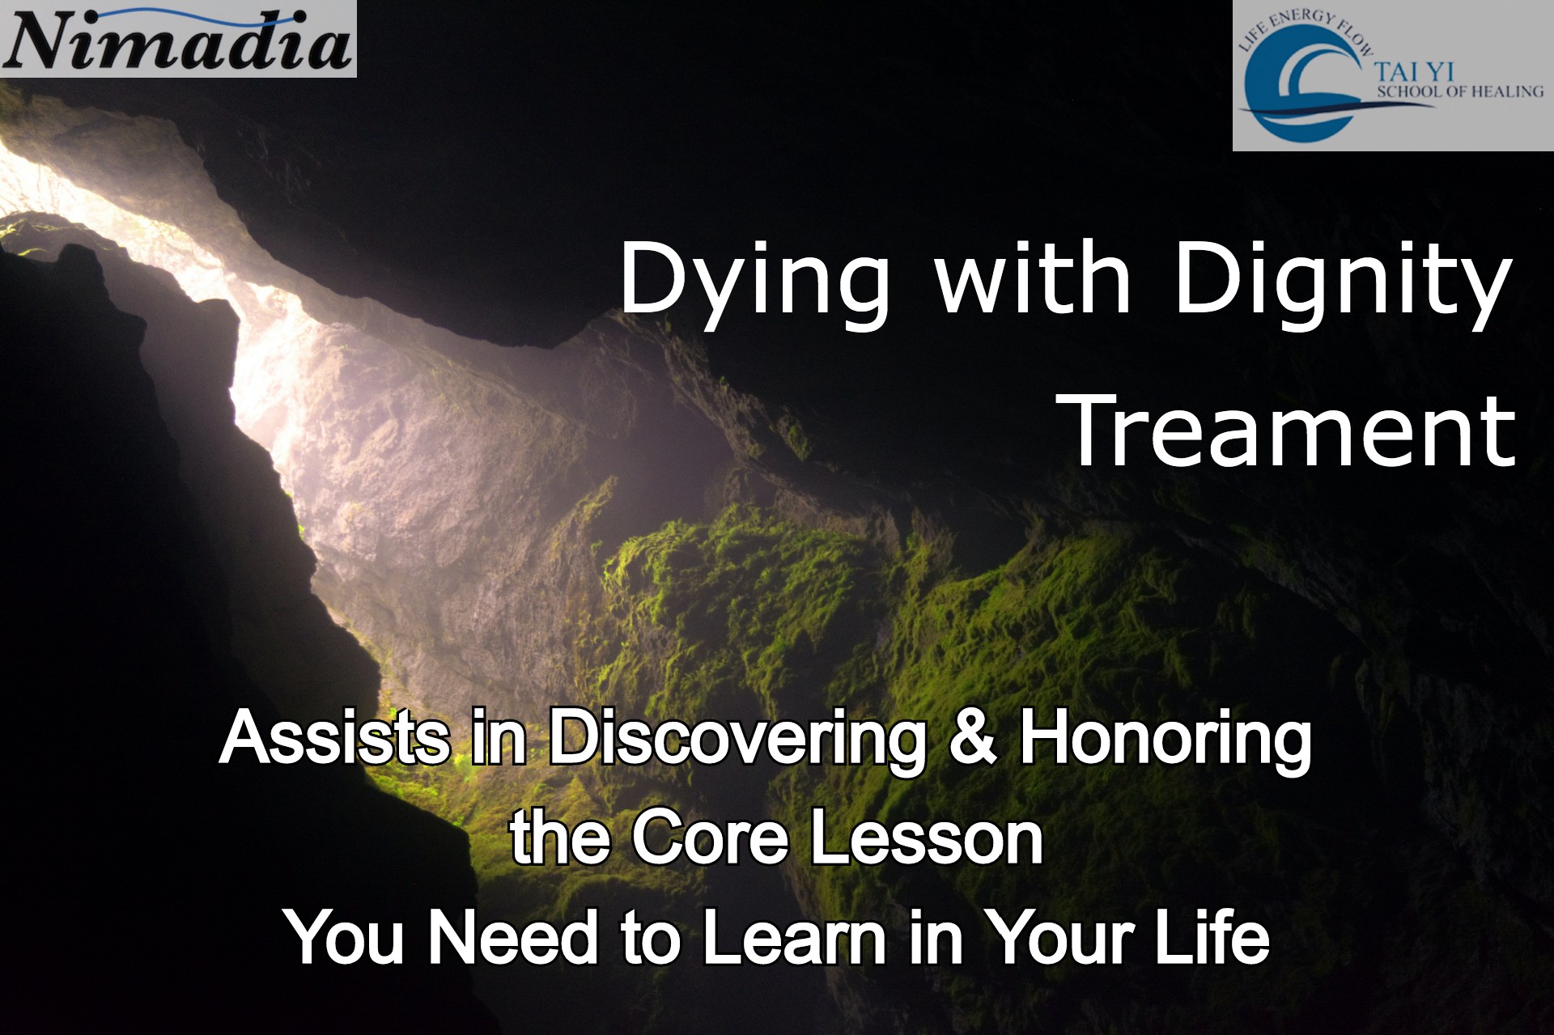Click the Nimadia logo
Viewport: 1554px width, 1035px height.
178,38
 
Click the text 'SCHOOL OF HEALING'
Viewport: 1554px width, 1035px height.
1460,92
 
